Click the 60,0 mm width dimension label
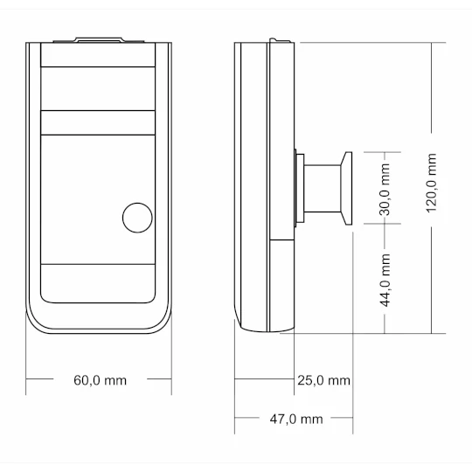(x=100, y=380)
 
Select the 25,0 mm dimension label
(x=323, y=380)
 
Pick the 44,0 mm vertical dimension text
(x=386, y=280)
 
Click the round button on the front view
(x=136, y=217)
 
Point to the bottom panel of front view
(x=99, y=283)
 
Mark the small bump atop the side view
(x=277, y=39)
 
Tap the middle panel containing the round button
(x=99, y=197)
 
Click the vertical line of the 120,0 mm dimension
(x=431, y=262)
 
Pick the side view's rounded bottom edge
(x=262, y=330)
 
